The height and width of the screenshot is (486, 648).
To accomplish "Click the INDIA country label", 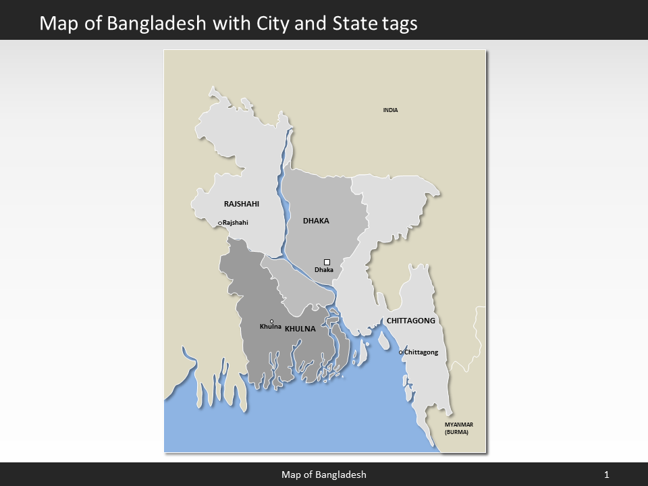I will (390, 110).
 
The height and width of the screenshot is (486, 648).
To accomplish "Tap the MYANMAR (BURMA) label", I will (458, 427).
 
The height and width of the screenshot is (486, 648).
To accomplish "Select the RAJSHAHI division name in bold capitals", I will (241, 203).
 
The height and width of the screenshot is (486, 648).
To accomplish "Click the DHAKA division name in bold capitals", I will (316, 221).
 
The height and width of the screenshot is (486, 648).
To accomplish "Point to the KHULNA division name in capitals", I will (300, 329).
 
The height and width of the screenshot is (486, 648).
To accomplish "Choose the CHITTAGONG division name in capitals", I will (410, 321).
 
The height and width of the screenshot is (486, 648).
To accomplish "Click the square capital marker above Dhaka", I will (327, 262).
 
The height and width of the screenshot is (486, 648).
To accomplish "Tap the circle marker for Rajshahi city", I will (220, 223).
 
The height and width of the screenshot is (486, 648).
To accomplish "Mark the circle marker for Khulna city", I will (271, 321).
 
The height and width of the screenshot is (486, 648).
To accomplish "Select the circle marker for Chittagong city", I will (401, 352).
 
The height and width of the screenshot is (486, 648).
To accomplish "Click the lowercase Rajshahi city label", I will (236, 223).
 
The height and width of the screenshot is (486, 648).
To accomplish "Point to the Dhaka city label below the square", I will (324, 270).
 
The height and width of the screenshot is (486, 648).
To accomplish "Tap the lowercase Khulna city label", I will (271, 327).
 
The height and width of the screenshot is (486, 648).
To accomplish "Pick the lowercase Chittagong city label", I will (421, 352).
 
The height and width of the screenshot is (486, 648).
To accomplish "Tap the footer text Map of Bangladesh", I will (324, 475).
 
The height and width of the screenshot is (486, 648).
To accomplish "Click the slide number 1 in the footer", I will (607, 475).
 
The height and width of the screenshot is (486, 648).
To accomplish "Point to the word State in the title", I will (352, 23).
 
